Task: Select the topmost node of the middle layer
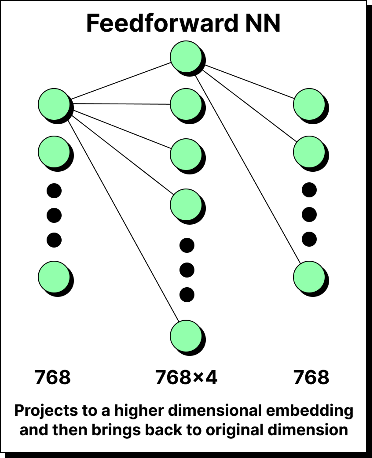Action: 186,57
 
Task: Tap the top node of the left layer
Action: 54,104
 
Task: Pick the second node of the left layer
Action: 54,152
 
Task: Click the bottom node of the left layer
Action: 54,277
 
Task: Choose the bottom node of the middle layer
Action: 186,336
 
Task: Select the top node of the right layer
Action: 309,104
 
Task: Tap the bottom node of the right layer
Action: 309,277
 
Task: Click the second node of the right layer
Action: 309,152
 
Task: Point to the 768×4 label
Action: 186,377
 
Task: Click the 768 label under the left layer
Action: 53,377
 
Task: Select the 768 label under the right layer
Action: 311,377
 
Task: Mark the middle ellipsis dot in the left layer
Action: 54,215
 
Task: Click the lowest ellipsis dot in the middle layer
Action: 187,295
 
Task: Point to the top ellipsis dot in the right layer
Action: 309,190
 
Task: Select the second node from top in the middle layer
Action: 186,104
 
